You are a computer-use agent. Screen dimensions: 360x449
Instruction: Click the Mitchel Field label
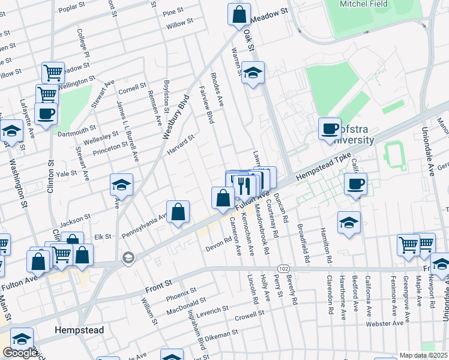(x=361, y=4)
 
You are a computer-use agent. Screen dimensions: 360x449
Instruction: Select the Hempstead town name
(x=79, y=331)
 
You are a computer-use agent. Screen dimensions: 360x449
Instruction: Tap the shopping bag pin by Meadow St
(x=239, y=14)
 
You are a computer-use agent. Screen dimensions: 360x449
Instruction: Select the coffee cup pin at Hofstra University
(x=330, y=128)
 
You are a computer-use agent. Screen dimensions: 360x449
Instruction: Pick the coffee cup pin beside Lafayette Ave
(x=46, y=113)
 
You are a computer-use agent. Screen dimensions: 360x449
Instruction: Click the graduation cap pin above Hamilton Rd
(x=349, y=223)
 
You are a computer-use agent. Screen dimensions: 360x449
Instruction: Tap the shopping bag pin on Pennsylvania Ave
(x=178, y=212)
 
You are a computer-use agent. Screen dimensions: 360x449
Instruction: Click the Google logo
(x=20, y=353)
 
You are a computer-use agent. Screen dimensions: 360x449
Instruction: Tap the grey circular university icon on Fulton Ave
(x=128, y=258)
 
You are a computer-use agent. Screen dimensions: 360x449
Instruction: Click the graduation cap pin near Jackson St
(x=121, y=185)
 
